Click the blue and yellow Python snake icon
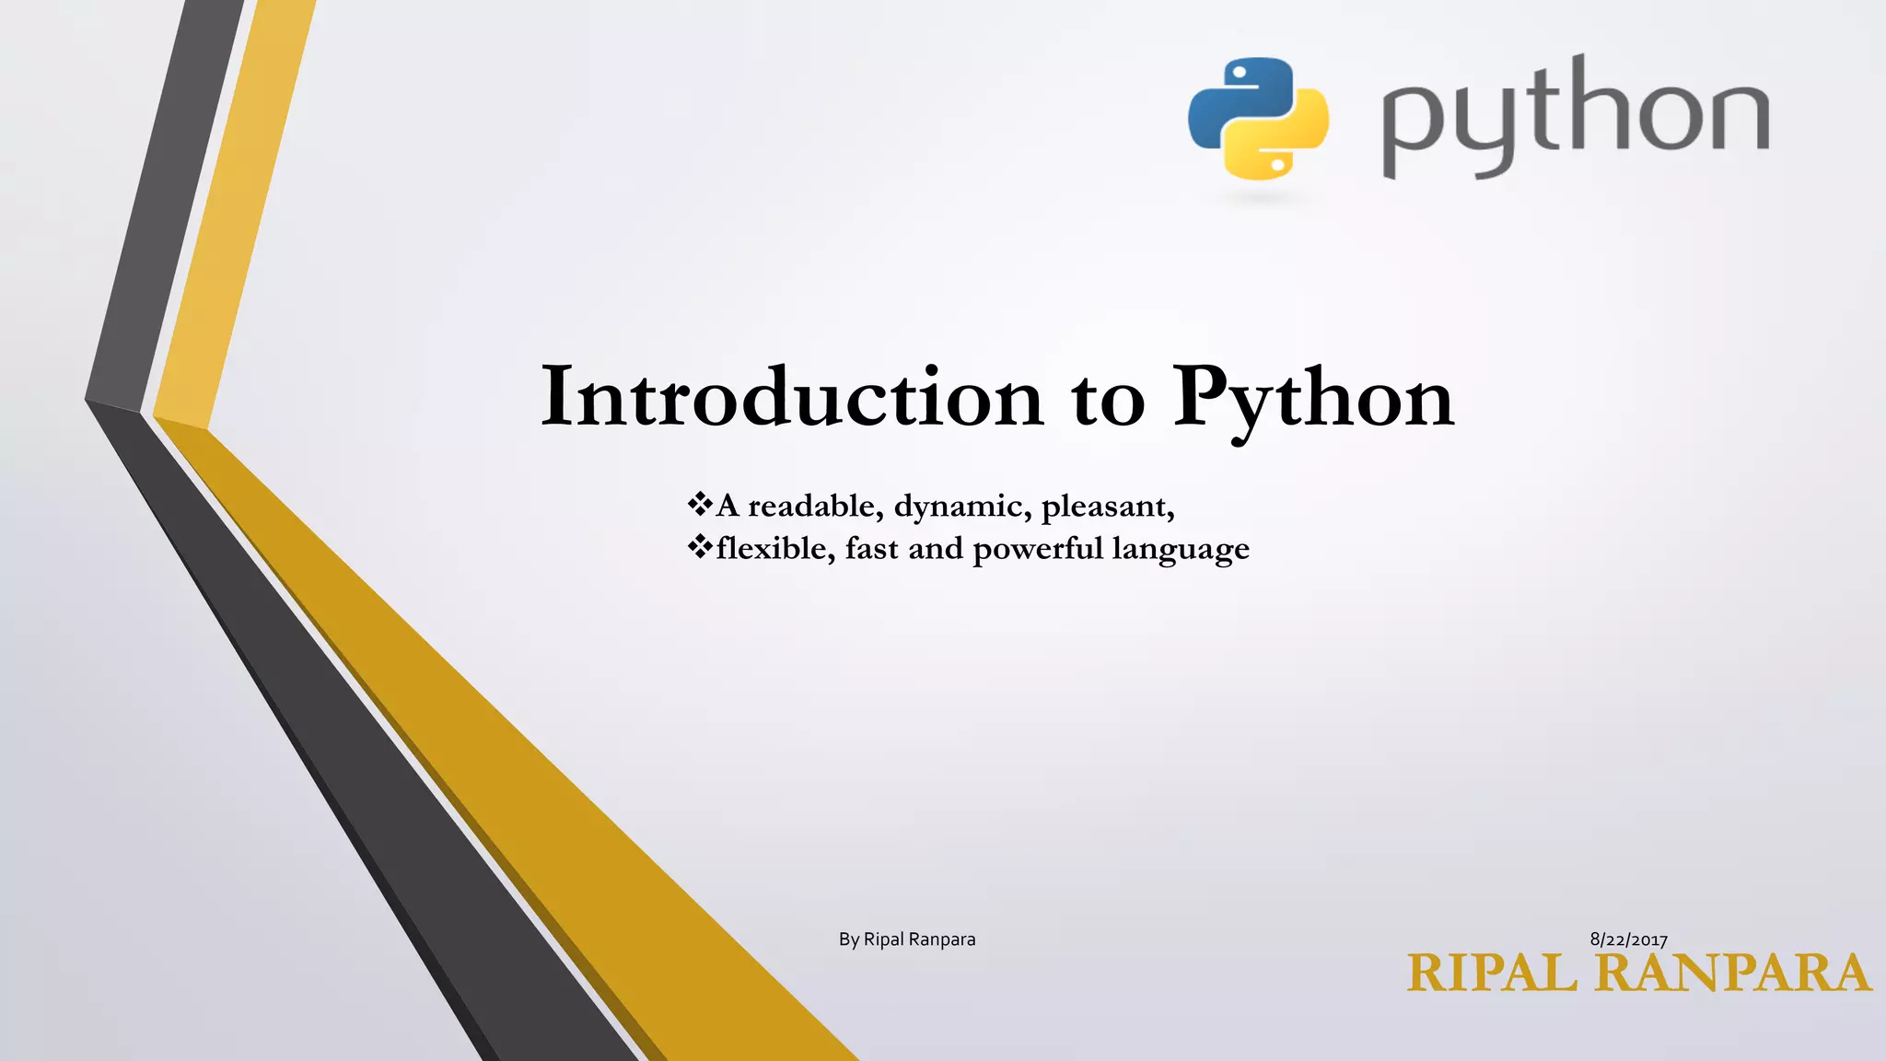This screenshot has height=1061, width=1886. (x=1258, y=118)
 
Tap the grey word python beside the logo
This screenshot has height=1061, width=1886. (x=1575, y=118)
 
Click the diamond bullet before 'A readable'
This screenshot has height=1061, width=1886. (x=700, y=504)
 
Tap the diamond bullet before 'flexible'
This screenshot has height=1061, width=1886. (x=700, y=547)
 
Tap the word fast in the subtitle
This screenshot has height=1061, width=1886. (x=871, y=549)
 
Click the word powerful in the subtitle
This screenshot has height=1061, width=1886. (x=1038, y=550)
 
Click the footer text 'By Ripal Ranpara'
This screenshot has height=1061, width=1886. (x=907, y=939)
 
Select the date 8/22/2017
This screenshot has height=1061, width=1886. (x=1628, y=939)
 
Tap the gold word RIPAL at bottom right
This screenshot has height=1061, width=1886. (x=1492, y=974)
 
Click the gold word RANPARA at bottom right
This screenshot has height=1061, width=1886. (x=1733, y=974)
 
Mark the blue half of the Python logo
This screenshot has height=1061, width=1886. (x=1229, y=97)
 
